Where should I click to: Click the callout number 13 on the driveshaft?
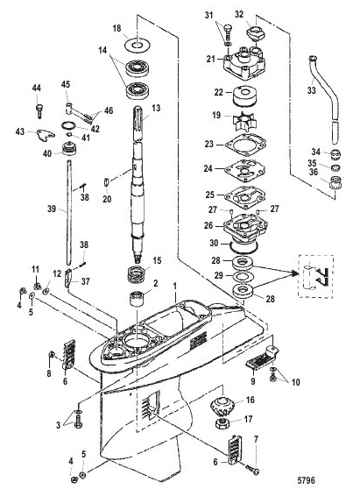[x=158, y=108]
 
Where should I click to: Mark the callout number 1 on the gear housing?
[x=174, y=287]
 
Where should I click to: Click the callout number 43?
[x=22, y=131]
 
